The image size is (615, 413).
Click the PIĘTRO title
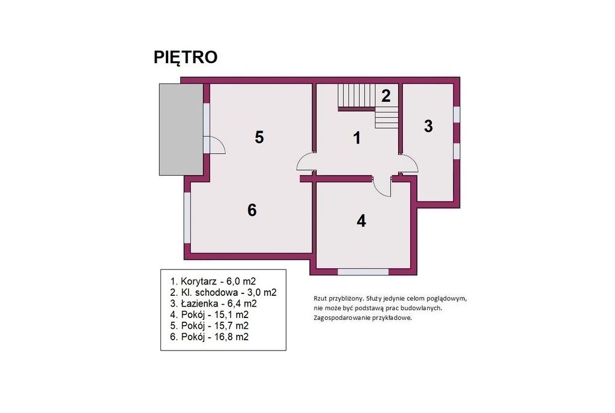186,57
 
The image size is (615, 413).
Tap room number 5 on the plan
259,138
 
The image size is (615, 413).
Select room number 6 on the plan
252,210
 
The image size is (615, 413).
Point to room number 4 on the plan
361,221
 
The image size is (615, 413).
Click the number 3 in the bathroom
428,126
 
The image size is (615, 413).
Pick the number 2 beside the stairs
386,96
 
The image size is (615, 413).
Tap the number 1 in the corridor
357,138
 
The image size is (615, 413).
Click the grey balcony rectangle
181,129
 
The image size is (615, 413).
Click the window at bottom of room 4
363,271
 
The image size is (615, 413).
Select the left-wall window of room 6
187,218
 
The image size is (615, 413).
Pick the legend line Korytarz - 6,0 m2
213,281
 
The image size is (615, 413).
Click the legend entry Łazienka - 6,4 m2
214,304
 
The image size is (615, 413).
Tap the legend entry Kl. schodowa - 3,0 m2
223,293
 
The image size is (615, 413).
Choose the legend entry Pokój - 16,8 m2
210,337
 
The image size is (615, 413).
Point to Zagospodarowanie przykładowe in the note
363,317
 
